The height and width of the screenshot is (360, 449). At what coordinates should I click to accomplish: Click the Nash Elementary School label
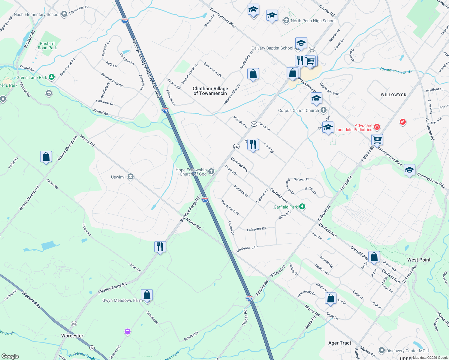pyautogui.click(x=37, y=14)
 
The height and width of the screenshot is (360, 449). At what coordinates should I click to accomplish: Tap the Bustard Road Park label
pyautogui.click(x=47, y=46)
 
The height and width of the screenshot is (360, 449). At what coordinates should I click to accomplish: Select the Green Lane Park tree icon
pyautogui.click(x=52, y=77)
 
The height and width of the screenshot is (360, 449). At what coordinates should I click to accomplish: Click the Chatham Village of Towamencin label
pyautogui.click(x=210, y=91)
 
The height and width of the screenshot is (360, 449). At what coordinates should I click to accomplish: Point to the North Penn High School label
pyautogui.click(x=313, y=21)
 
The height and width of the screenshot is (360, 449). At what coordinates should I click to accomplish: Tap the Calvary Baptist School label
pyautogui.click(x=272, y=48)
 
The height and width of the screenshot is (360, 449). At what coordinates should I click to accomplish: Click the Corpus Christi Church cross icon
pyautogui.click(x=323, y=110)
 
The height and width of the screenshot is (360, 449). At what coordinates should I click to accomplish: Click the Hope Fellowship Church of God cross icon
pyautogui.click(x=211, y=172)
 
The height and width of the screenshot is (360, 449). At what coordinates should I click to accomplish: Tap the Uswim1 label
pyautogui.click(x=118, y=177)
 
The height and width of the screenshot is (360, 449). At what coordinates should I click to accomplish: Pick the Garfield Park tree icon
pyautogui.click(x=302, y=207)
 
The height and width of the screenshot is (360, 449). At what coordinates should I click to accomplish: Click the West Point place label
pyautogui.click(x=419, y=260)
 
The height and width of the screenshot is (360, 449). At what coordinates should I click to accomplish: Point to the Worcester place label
pyautogui.click(x=72, y=336)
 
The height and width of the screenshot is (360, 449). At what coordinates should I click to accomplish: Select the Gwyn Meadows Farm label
pyautogui.click(x=122, y=300)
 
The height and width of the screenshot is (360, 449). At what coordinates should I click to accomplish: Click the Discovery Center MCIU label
pyautogui.click(x=407, y=351)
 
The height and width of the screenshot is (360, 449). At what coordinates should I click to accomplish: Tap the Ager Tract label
pyautogui.click(x=339, y=343)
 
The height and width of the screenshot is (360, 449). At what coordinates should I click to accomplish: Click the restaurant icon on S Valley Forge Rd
pyautogui.click(x=160, y=247)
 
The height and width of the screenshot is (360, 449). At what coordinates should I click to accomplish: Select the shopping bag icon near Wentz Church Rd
pyautogui.click(x=46, y=157)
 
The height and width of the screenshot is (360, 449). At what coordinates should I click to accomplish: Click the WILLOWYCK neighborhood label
pyautogui.click(x=393, y=95)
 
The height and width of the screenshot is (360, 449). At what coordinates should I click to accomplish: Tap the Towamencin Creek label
pyautogui.click(x=396, y=70)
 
